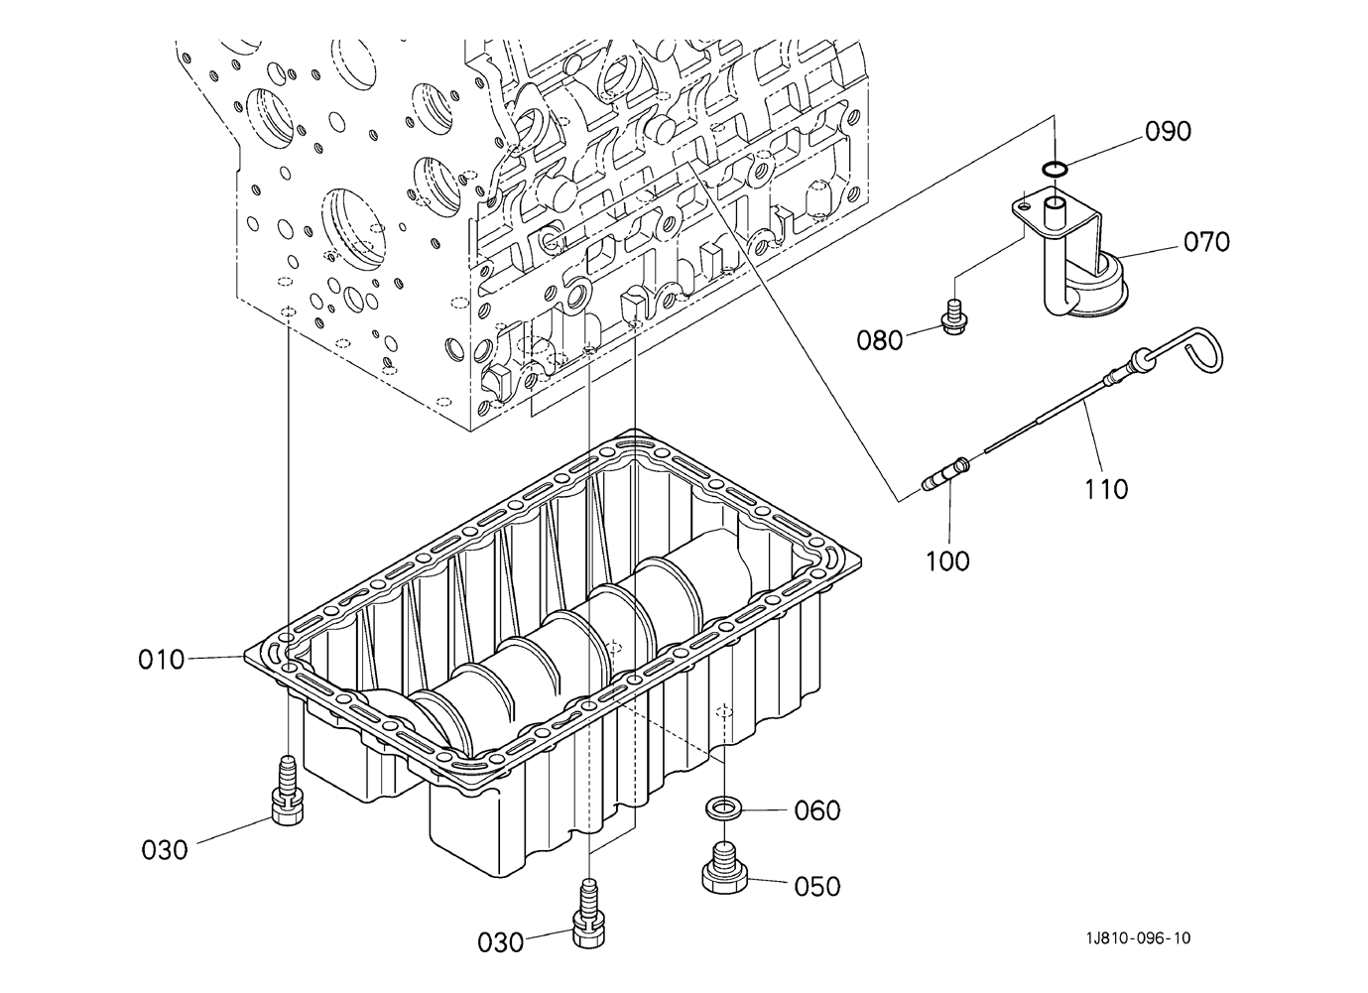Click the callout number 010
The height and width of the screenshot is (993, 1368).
coord(162,660)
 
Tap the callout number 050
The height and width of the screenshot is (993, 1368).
coord(817,886)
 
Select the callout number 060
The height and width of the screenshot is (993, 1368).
coord(817,810)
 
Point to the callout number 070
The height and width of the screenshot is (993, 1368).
coord(1206,242)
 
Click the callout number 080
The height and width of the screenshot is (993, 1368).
coord(879,340)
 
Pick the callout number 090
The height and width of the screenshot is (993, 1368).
coord(1168,131)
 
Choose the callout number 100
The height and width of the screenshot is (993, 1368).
coord(947,561)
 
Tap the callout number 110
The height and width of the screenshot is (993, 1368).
coord(1106,489)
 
